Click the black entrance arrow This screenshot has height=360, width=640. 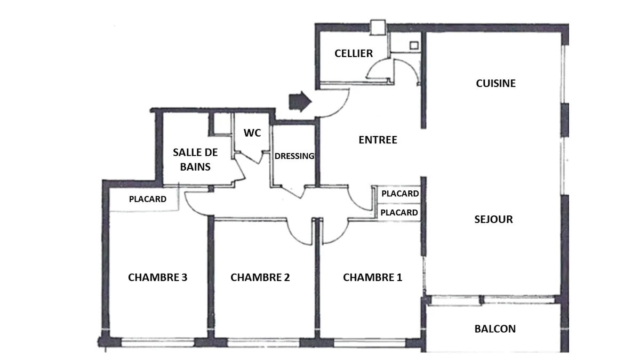[300, 101]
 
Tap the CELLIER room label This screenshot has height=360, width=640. [354, 53]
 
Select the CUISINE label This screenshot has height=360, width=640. [495, 83]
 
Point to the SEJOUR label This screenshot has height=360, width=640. [493, 219]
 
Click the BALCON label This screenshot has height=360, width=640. [495, 329]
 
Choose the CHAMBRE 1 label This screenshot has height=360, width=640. [373, 277]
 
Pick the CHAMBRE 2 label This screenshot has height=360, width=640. [260, 277]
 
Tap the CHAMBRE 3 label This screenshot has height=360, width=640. [157, 277]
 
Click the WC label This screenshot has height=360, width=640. [252, 133]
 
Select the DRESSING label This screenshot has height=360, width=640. [294, 156]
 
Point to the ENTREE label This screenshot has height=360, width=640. [378, 140]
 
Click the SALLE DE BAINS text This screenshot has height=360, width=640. [195, 159]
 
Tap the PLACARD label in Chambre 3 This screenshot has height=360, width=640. [147, 199]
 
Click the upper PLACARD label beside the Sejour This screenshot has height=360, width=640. [400, 194]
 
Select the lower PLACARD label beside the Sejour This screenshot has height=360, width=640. [399, 213]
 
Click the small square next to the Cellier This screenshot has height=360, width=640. [414, 45]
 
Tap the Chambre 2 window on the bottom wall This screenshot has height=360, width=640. [263, 342]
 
